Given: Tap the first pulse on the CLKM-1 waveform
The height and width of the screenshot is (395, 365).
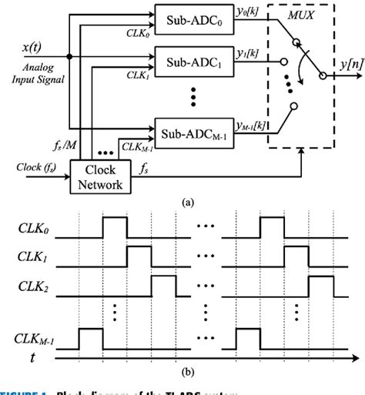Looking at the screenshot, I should click(x=91, y=336).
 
